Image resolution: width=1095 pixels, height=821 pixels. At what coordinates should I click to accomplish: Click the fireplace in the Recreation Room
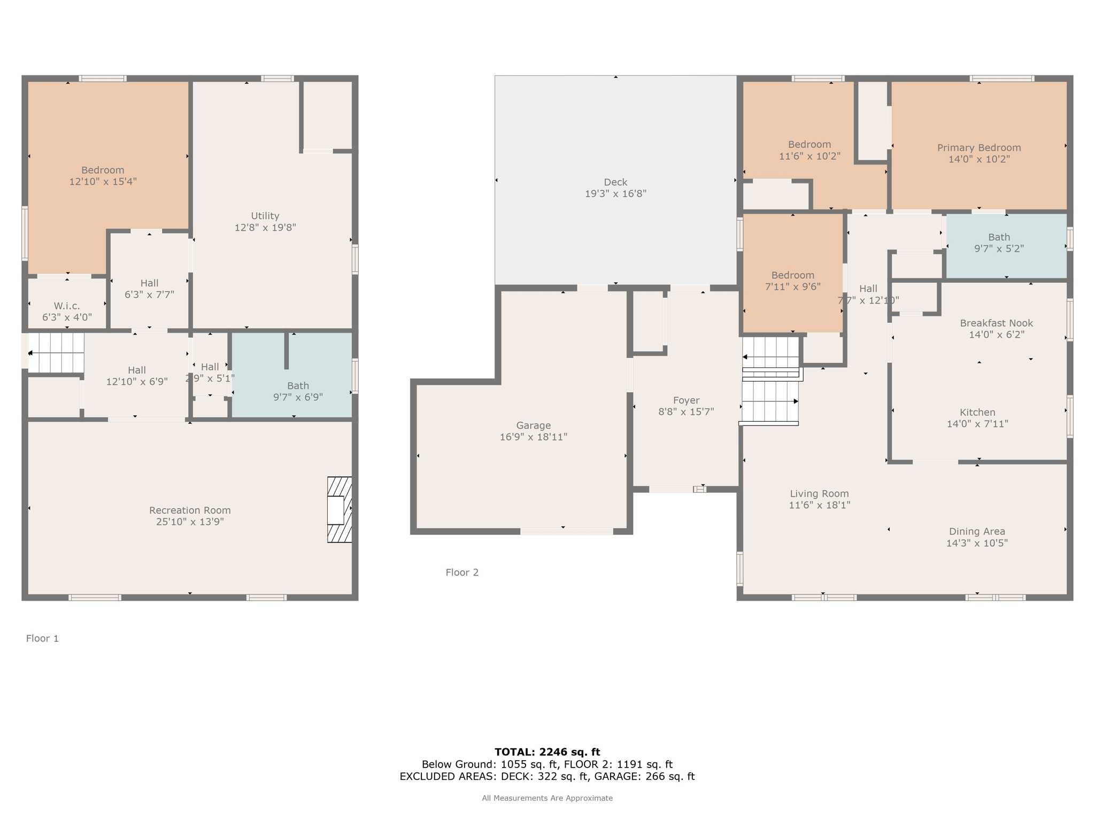click(340, 509)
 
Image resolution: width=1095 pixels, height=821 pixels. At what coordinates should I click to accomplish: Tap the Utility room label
click(265, 216)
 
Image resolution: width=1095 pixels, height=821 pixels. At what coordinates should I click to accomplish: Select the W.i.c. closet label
click(67, 306)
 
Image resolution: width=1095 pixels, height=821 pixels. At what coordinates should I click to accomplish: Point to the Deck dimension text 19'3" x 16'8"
click(615, 193)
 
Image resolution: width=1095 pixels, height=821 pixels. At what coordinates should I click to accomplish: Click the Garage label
click(534, 425)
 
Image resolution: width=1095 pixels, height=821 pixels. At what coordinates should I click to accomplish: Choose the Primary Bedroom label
click(979, 148)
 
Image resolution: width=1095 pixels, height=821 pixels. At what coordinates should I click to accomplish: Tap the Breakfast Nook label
click(997, 323)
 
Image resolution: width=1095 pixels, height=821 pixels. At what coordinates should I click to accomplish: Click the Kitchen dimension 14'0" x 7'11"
click(977, 424)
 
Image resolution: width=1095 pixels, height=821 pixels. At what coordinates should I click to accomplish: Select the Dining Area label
click(977, 531)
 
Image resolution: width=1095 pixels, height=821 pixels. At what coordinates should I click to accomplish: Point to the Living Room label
click(819, 494)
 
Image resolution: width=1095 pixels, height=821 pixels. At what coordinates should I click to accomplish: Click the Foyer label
click(686, 400)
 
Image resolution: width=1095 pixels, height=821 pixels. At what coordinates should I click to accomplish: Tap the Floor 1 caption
click(42, 638)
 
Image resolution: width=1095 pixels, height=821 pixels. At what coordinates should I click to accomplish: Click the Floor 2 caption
click(462, 572)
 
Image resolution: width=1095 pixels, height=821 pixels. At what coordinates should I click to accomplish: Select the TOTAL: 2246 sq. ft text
click(547, 752)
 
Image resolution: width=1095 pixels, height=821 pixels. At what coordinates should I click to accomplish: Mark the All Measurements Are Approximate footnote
click(547, 798)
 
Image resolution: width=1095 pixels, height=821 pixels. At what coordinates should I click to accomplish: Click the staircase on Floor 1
click(56, 353)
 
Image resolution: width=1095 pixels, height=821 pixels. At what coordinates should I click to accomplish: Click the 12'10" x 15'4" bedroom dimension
click(103, 182)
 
